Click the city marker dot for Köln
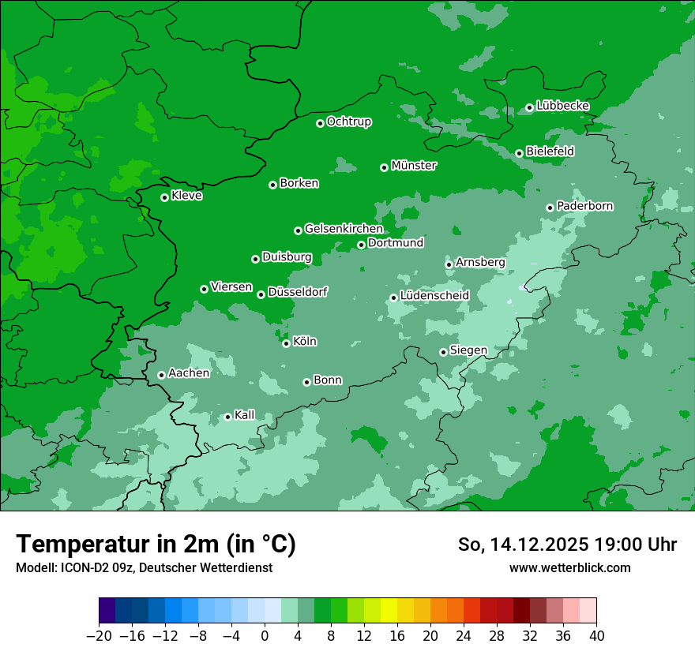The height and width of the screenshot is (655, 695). point(286,343)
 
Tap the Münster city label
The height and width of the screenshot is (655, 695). point(413,166)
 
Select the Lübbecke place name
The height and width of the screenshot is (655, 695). point(562,106)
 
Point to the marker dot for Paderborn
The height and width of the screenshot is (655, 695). point(550,208)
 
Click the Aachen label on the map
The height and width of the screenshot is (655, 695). point(189,373)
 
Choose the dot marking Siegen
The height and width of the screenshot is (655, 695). point(443,352)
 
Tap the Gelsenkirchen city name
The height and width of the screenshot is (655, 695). point(344,229)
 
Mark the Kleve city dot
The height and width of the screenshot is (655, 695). point(164,197)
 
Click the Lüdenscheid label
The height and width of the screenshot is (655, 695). point(434,296)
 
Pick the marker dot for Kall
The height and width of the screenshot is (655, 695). point(227,417)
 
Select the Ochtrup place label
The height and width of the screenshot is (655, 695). point(348,122)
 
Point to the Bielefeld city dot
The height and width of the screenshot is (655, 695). point(519,153)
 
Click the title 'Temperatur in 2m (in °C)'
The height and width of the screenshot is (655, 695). point(156,545)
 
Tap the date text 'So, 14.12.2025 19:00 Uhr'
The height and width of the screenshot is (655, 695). point(567,545)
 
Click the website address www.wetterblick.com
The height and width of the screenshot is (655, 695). point(569,567)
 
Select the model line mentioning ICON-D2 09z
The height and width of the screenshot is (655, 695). point(144,567)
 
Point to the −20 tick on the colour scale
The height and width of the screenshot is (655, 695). point(100,635)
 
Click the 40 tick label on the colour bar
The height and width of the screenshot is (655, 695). point(596,635)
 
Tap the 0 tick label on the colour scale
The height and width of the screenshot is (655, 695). point(265,635)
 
